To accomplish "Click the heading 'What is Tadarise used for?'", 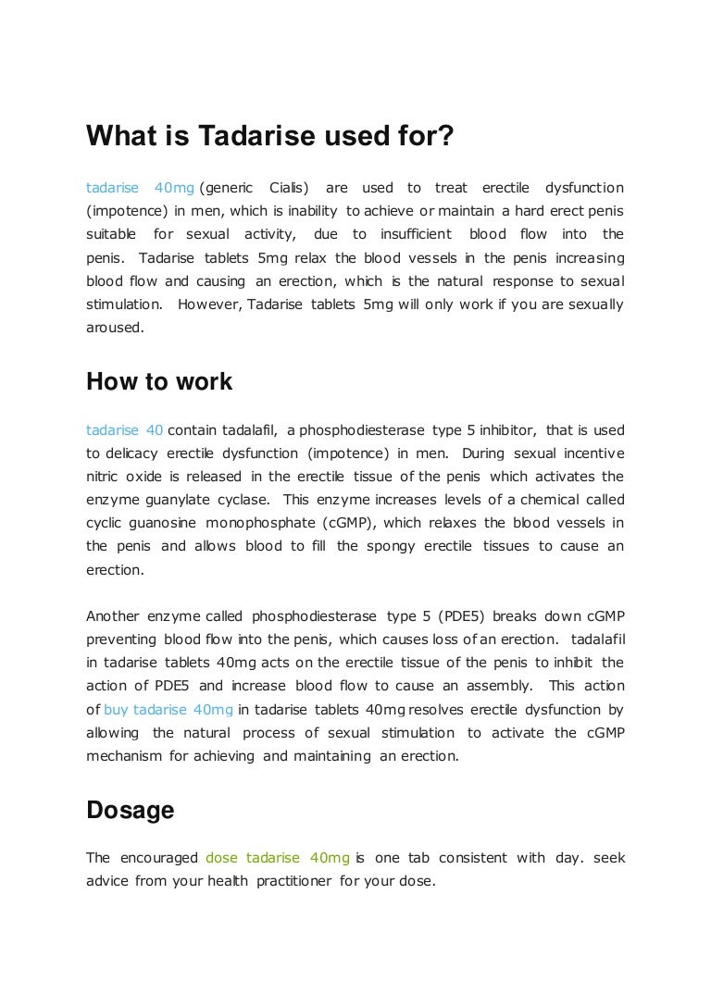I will point(270,136).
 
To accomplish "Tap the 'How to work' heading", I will point(159,381).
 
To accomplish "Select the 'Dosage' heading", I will point(131,810).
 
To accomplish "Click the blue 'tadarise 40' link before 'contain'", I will point(125,430).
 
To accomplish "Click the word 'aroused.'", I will point(116,327).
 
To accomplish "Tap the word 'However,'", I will point(207,304).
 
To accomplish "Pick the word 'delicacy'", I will point(131,453).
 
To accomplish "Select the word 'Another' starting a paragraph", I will point(114,616).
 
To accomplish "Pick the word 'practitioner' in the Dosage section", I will point(294,881).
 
